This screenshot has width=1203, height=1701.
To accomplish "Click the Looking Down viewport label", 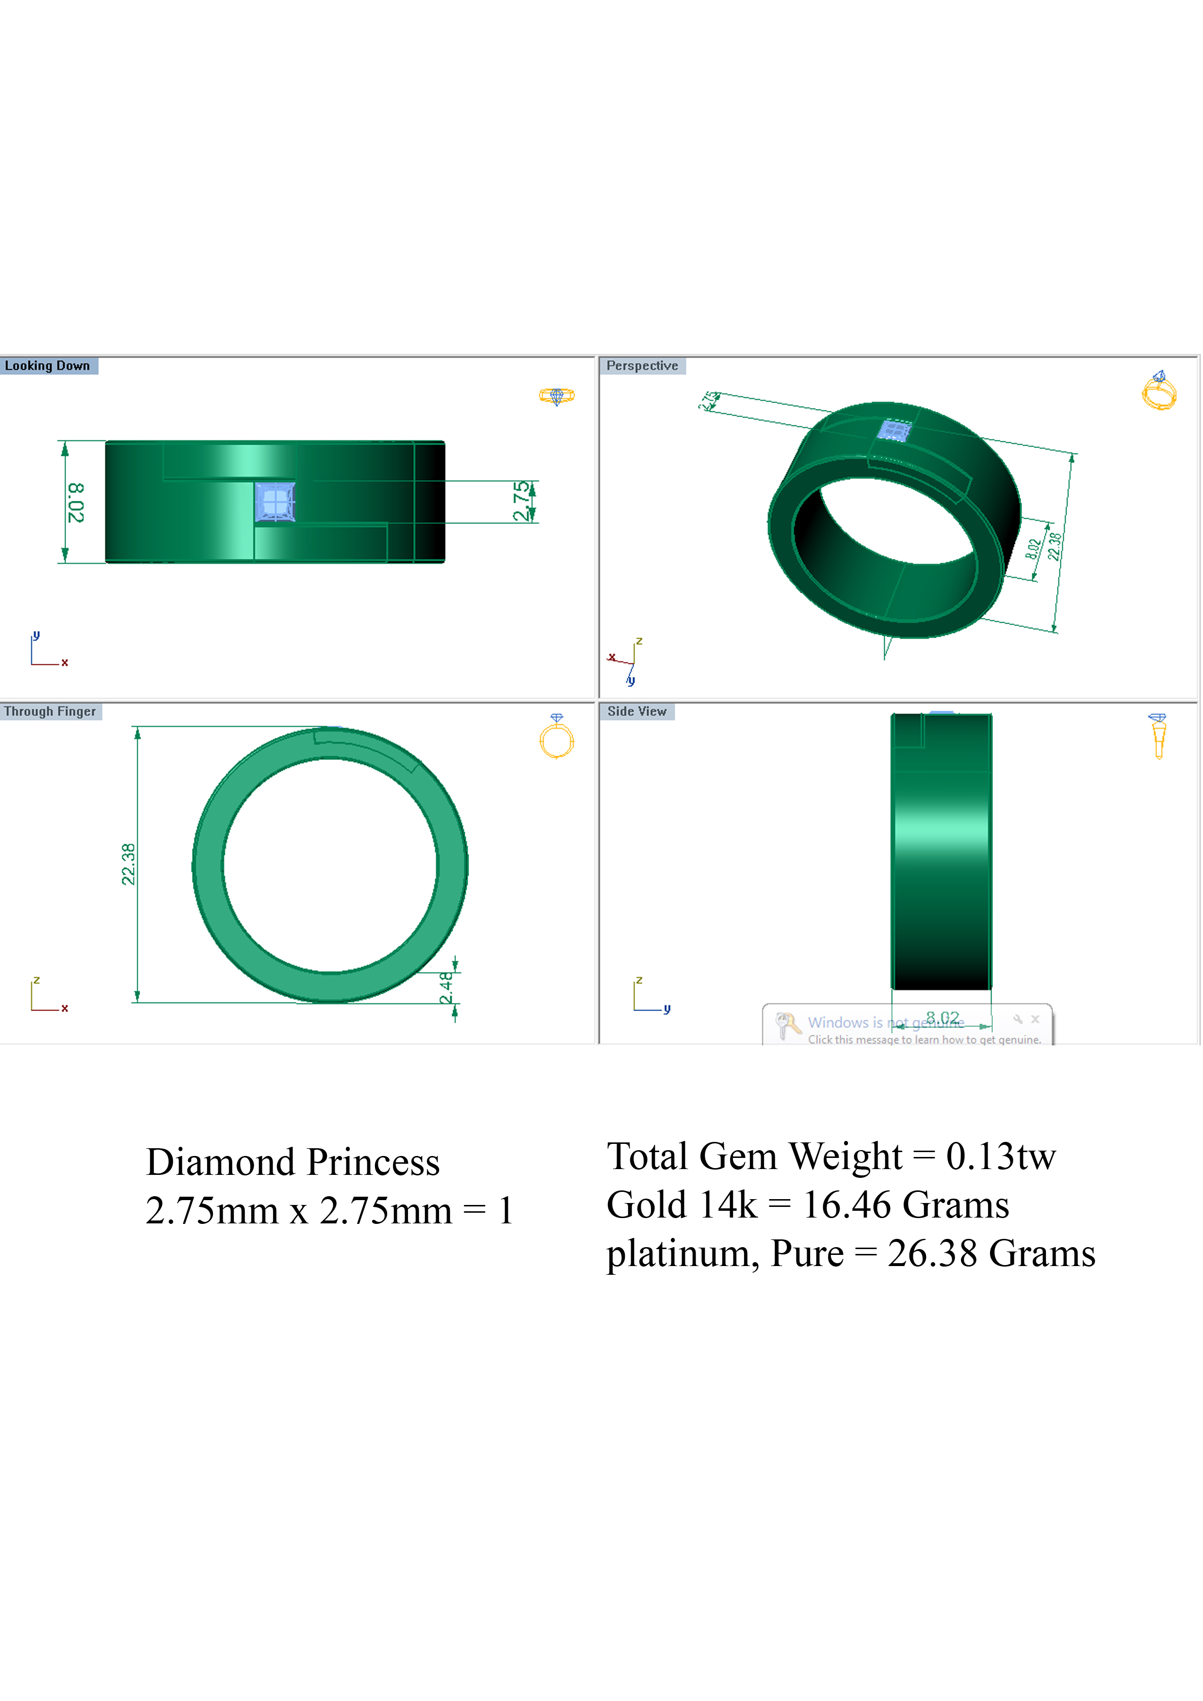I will coord(48,366).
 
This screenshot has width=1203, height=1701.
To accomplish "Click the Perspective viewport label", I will coord(642,366).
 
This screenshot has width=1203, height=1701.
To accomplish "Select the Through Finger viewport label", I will coord(49,712).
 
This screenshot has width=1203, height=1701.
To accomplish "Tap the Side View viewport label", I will coord(637,712).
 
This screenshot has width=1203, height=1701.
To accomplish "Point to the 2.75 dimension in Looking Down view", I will coord(522,501).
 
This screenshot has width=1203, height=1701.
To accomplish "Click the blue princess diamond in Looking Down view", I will coord(274,501).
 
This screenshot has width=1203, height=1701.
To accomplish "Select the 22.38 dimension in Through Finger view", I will coord(128,865).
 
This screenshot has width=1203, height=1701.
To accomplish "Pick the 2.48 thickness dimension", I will coord(445,988).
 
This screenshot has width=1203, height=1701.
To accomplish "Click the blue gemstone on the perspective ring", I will coord(894,431).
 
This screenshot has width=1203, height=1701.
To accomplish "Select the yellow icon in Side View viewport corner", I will coord(1158,737).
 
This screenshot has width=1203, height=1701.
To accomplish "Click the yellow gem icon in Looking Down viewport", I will coord(557,396).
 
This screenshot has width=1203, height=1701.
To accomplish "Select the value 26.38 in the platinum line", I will coord(932,1254).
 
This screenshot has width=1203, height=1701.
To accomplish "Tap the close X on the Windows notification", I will coord(1036,1019).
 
